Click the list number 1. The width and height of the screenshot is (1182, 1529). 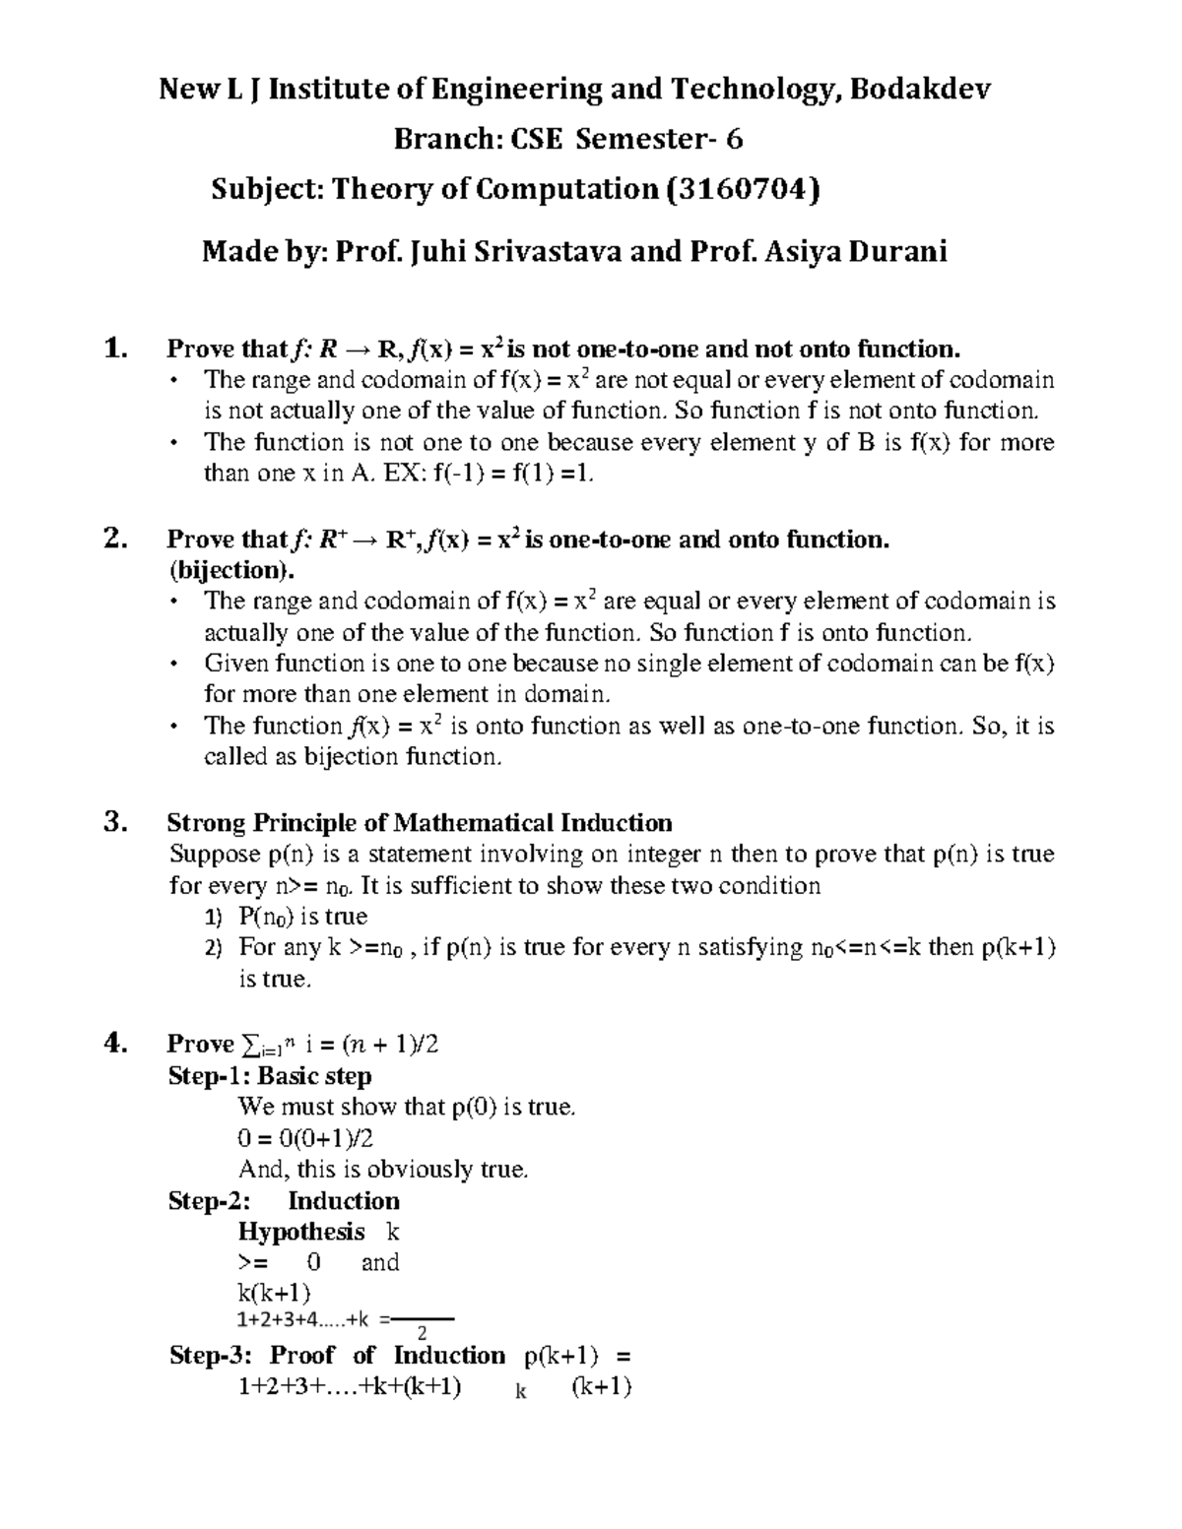click(114, 348)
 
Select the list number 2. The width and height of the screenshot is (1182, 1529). click(114, 538)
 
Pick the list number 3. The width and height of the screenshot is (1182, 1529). click(114, 822)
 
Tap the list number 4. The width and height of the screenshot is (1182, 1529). click(114, 1043)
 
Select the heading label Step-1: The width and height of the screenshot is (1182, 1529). click(209, 1075)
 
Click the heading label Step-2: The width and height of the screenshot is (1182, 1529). click(210, 1201)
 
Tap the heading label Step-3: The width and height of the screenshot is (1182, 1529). click(210, 1356)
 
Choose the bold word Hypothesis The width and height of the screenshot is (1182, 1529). click(301, 1232)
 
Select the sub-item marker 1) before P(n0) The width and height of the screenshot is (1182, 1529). click(214, 917)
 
